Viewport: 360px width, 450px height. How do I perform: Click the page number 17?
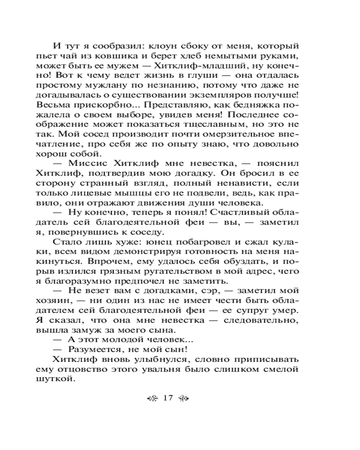tap(168, 397)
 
